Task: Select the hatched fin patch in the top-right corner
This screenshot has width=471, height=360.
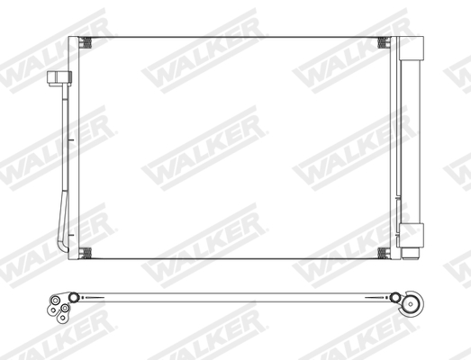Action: [x=383, y=43]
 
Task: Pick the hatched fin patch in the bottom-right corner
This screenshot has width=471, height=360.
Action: [x=383, y=253]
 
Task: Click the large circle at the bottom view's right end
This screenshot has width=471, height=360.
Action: [x=414, y=303]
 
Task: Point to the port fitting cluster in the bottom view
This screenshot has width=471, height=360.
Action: [x=60, y=306]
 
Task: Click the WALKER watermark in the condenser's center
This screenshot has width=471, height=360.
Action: [x=204, y=149]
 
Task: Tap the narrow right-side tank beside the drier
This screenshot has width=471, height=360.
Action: [x=394, y=148]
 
